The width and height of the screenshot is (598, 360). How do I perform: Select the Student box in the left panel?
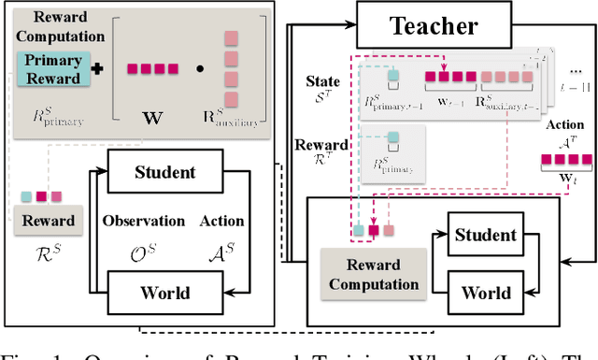pyautogui.click(x=164, y=172)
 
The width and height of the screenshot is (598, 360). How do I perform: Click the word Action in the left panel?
pyautogui.click(x=221, y=222)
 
